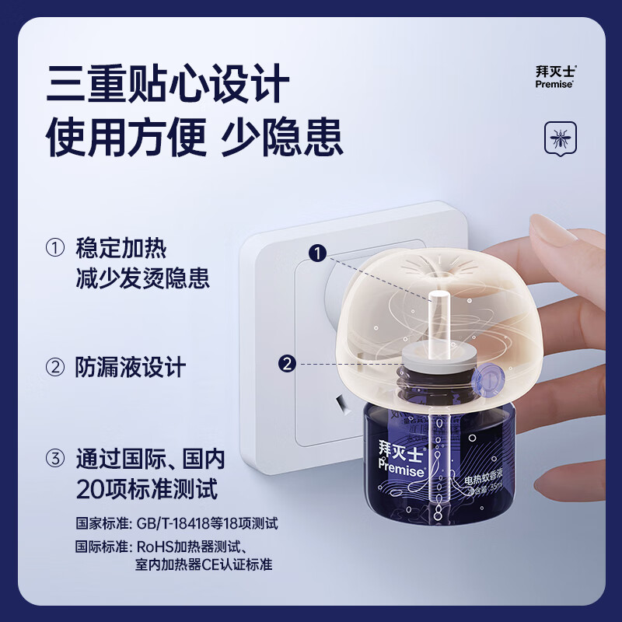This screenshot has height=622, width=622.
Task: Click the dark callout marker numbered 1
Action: [x=316, y=251]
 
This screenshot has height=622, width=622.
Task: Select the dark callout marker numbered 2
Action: [x=288, y=363]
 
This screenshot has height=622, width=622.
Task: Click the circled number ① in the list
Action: [x=55, y=250]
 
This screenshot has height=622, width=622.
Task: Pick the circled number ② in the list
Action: [x=55, y=366]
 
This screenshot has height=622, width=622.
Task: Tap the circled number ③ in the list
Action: [x=55, y=460]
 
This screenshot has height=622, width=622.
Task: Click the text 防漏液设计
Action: [x=131, y=366]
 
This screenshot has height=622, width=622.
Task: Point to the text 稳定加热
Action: [x=121, y=250]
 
